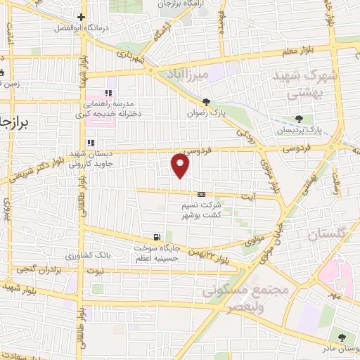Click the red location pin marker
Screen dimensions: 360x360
181,165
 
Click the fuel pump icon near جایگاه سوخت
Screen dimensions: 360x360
155,237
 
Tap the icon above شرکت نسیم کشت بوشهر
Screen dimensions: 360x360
202,193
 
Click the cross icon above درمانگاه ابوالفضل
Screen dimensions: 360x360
82,17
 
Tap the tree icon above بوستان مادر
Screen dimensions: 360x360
342,337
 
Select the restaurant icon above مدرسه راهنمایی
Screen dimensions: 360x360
108,93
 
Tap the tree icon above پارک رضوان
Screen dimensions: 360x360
206,101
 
